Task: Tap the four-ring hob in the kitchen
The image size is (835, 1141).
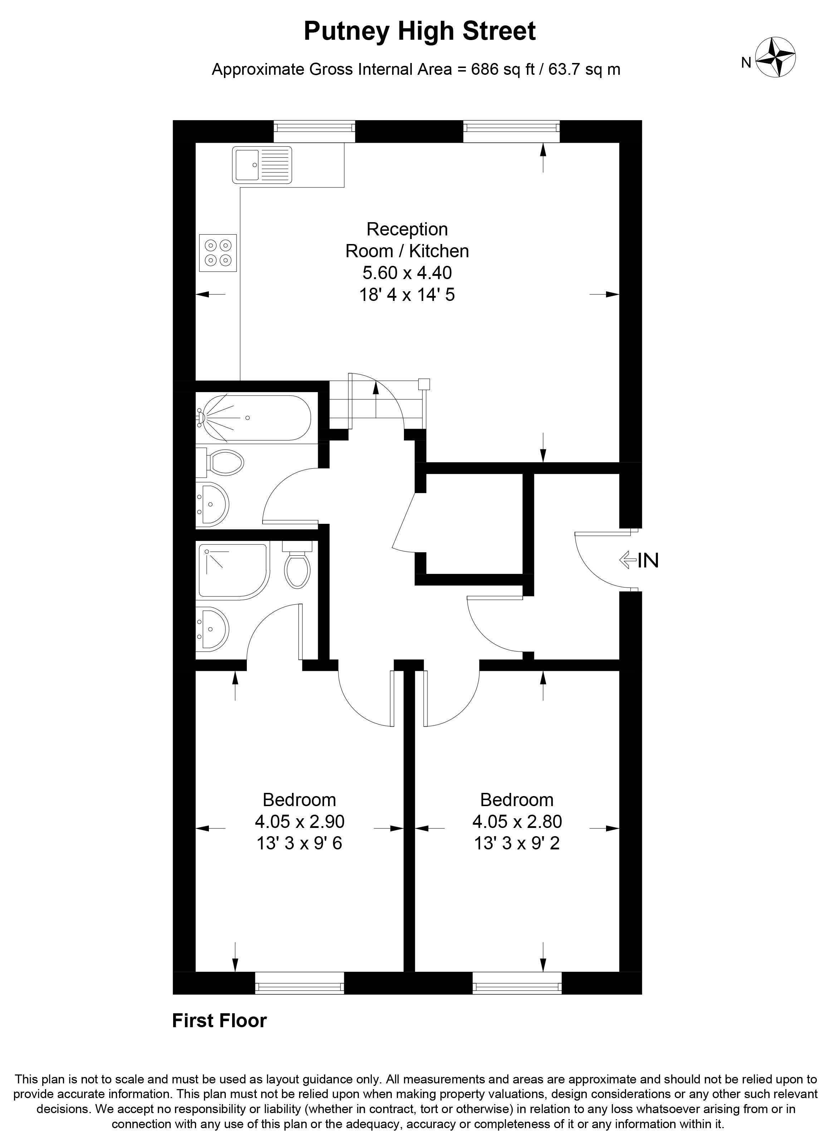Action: pos(218,253)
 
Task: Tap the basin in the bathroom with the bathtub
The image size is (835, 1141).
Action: pos(213,503)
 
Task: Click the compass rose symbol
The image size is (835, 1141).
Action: pos(775,58)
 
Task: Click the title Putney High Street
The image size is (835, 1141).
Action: pos(420,31)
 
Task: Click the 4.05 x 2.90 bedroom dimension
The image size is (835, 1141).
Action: pos(300,821)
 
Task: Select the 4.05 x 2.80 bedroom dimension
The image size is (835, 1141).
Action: pos(517,821)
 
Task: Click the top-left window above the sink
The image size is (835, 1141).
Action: pos(314,131)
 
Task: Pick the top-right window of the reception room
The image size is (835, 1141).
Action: pos(512,131)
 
